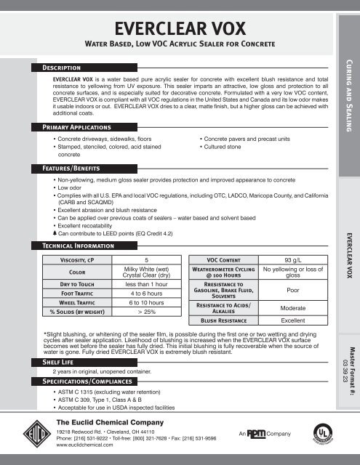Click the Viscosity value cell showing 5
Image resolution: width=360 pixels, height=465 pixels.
click(147, 259)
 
